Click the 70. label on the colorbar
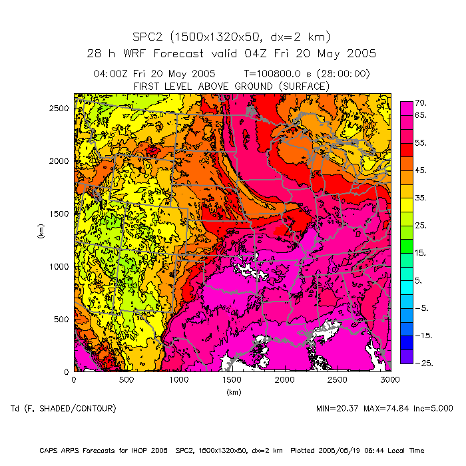click(421, 103)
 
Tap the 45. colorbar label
click(421, 170)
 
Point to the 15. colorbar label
click(421, 253)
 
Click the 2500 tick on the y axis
click(59, 108)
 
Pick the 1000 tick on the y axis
click(59, 266)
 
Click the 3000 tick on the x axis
click(390, 380)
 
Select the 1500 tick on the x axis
click(232, 380)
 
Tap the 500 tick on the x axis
click(126, 380)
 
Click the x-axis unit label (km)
click(232, 392)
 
